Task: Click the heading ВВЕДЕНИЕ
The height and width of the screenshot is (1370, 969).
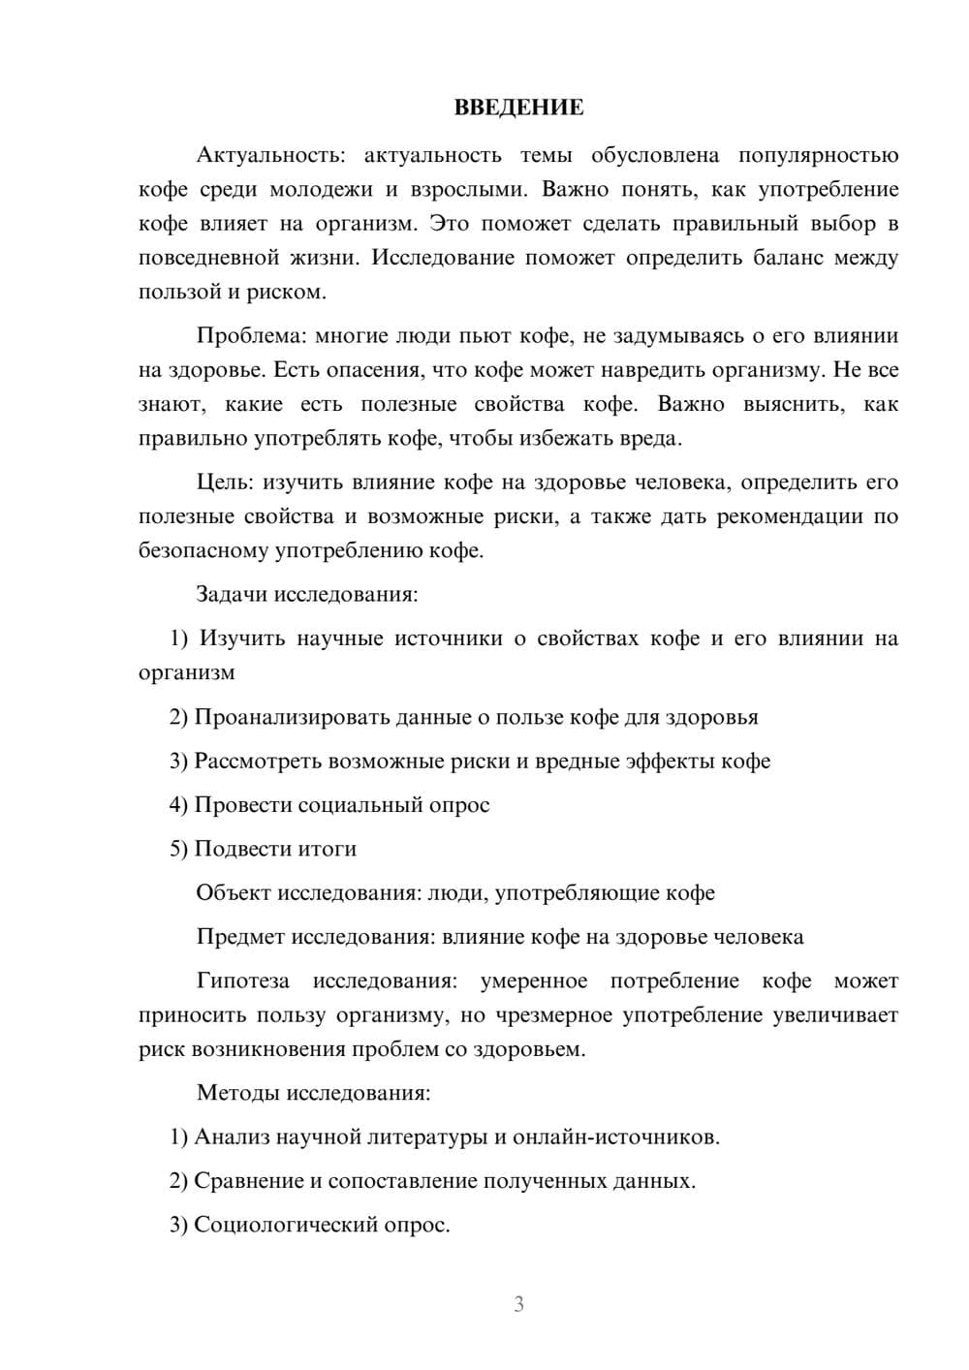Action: tap(518, 108)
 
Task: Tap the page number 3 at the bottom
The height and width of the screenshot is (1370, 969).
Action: tap(518, 1304)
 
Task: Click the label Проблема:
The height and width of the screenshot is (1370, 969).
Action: tap(250, 336)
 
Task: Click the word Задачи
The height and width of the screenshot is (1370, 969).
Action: tap(232, 594)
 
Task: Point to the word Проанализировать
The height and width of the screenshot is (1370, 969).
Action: tap(292, 717)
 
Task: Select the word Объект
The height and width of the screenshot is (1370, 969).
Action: tap(234, 892)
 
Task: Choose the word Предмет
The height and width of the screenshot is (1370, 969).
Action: tap(241, 937)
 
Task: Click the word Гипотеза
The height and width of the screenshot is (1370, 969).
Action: tap(242, 981)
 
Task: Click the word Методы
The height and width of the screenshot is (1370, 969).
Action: tap(238, 1093)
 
